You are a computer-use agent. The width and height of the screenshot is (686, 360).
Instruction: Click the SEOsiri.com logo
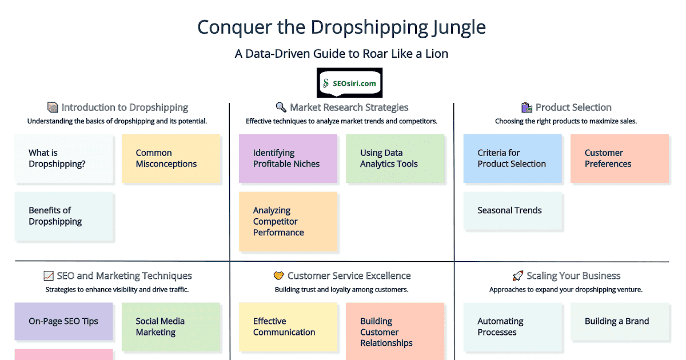(x=349, y=83)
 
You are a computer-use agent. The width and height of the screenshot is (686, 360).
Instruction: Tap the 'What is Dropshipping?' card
(x=65, y=159)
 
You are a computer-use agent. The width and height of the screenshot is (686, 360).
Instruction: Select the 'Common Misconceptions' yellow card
(x=171, y=159)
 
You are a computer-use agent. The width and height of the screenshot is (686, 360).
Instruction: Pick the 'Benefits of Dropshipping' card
(x=65, y=217)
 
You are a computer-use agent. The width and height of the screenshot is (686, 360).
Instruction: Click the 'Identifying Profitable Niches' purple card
(x=288, y=159)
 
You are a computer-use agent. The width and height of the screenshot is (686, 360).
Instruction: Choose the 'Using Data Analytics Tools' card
(x=395, y=159)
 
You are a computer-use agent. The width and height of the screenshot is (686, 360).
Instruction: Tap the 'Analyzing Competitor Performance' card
(x=288, y=222)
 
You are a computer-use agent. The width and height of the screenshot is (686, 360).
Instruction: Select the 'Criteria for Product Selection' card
(x=512, y=159)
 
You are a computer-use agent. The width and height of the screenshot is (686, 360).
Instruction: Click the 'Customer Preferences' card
(x=619, y=159)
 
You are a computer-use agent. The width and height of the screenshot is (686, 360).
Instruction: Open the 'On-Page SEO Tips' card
(x=64, y=321)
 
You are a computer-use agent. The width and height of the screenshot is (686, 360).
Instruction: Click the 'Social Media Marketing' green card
(x=171, y=327)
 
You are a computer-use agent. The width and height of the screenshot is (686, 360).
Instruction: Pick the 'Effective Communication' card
(x=288, y=327)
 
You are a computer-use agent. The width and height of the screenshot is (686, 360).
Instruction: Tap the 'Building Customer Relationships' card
(x=395, y=331)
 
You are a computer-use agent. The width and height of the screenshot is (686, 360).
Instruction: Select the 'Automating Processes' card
(x=512, y=327)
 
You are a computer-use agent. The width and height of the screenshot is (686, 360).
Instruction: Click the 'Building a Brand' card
(x=619, y=322)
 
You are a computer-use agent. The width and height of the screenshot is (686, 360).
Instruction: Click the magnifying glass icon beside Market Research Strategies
(x=281, y=107)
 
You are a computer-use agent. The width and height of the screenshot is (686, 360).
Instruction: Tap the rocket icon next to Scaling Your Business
(x=518, y=276)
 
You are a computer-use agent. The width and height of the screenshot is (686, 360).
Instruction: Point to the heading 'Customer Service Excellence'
(x=349, y=276)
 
